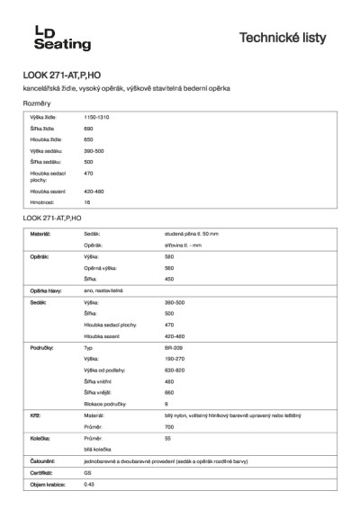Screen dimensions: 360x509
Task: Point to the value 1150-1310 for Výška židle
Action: pyautogui.click(x=97, y=118)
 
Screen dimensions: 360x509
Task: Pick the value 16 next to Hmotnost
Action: pyautogui.click(x=87, y=203)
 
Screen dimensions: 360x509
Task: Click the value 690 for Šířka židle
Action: pyautogui.click(x=89, y=129)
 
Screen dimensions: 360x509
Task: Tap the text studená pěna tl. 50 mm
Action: pyautogui.click(x=193, y=234)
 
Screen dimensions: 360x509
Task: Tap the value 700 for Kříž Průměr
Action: pyautogui.click(x=169, y=426)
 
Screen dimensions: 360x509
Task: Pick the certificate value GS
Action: pyautogui.click(x=87, y=472)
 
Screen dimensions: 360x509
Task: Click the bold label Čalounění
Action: pyautogui.click(x=43, y=460)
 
